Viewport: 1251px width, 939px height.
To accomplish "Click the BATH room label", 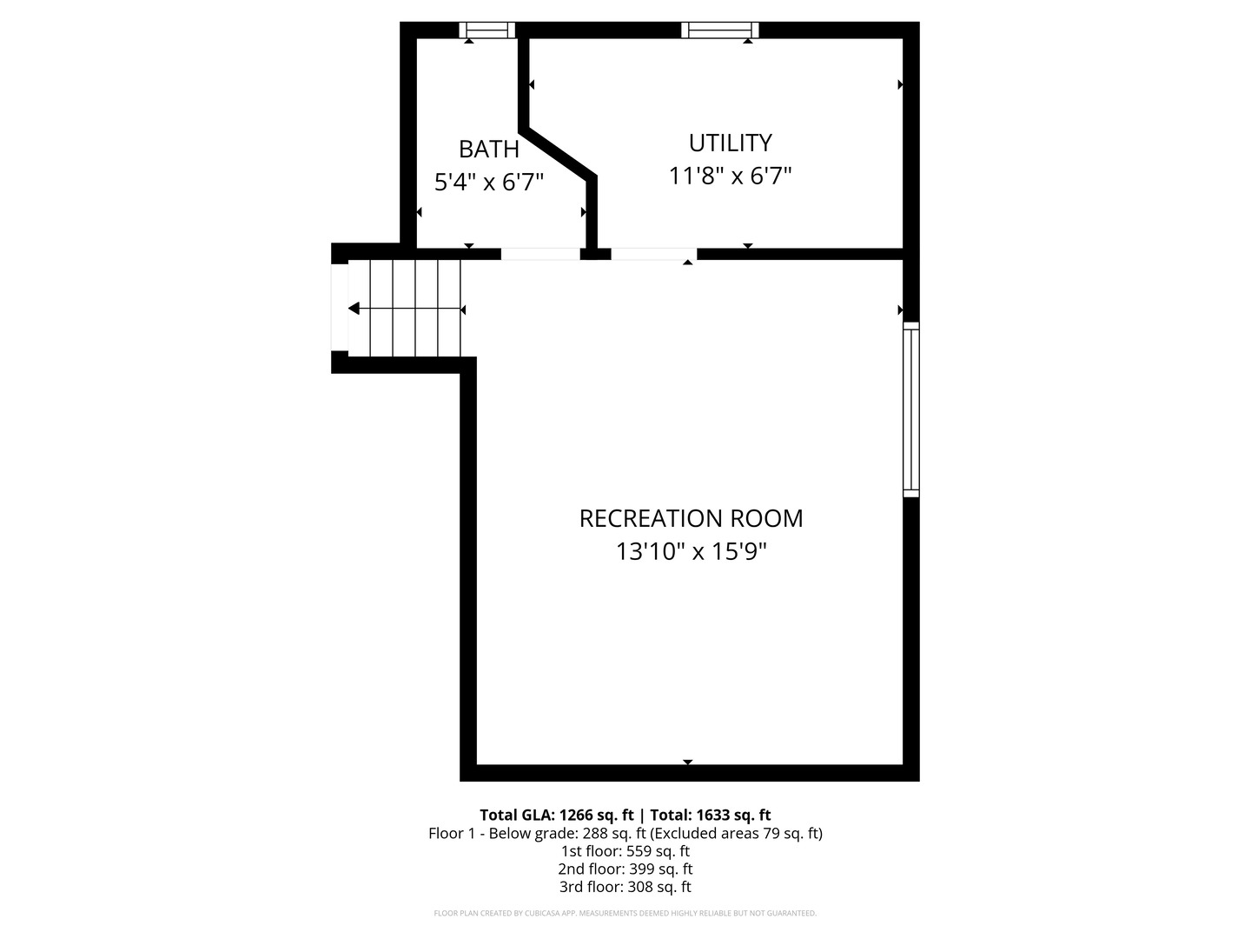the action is [x=488, y=150].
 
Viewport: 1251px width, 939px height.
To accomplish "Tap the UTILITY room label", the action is [x=730, y=143].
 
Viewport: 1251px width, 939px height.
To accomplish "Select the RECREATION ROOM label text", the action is [x=691, y=519].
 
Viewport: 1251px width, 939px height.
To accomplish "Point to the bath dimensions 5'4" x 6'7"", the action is [x=489, y=183].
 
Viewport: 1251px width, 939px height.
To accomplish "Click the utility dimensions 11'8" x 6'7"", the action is [x=730, y=176].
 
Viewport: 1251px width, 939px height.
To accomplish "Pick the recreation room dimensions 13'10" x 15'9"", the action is [x=691, y=551].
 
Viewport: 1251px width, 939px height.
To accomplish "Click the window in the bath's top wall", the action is [x=486, y=30].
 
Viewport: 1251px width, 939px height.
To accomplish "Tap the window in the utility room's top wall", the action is [x=720, y=30].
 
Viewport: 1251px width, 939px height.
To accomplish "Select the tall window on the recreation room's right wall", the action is [x=910, y=410].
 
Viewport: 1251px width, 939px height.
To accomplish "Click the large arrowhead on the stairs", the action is [x=354, y=309].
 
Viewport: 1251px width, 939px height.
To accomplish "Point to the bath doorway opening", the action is [x=540, y=254].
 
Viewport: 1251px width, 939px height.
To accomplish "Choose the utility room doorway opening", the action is [x=653, y=254].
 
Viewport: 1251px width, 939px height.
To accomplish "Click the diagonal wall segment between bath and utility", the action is [x=558, y=151].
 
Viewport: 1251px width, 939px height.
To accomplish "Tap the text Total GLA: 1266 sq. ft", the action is [x=556, y=815].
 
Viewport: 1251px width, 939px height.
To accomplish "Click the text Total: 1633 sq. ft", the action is [x=710, y=815].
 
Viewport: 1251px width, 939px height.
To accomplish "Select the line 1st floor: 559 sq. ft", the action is [x=625, y=851].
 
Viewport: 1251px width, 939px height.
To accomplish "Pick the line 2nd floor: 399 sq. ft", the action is [x=625, y=869].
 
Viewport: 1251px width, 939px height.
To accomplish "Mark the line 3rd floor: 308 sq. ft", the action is [x=625, y=887].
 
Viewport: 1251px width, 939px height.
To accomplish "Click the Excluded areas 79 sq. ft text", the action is [x=737, y=834].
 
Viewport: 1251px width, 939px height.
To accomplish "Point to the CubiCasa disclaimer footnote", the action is [x=625, y=913].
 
